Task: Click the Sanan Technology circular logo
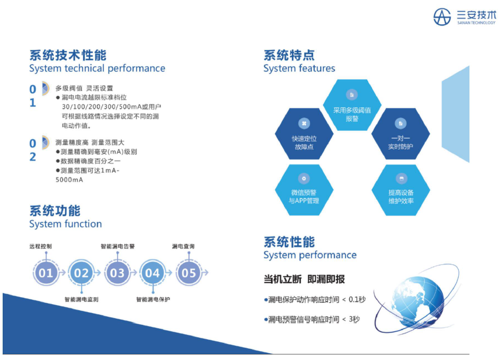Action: (x=442, y=16)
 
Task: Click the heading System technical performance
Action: (x=97, y=69)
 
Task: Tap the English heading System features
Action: (x=299, y=69)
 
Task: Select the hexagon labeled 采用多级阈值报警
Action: (x=352, y=105)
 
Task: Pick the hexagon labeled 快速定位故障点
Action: (x=304, y=133)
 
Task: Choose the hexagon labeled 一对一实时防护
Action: (x=400, y=133)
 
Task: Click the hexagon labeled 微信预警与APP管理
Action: (x=304, y=190)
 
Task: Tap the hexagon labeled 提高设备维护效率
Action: (x=401, y=190)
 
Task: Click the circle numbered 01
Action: (x=46, y=273)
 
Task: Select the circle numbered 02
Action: (x=81, y=273)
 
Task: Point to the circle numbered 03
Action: (x=117, y=273)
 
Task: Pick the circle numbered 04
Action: (x=153, y=273)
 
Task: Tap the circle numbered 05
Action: (x=189, y=273)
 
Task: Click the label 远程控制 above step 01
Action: (x=40, y=247)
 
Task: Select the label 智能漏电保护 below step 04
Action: (x=153, y=299)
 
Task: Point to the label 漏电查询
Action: (x=183, y=247)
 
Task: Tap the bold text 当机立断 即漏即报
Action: (x=304, y=279)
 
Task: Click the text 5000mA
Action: (x=69, y=180)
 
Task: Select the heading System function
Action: (x=65, y=224)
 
